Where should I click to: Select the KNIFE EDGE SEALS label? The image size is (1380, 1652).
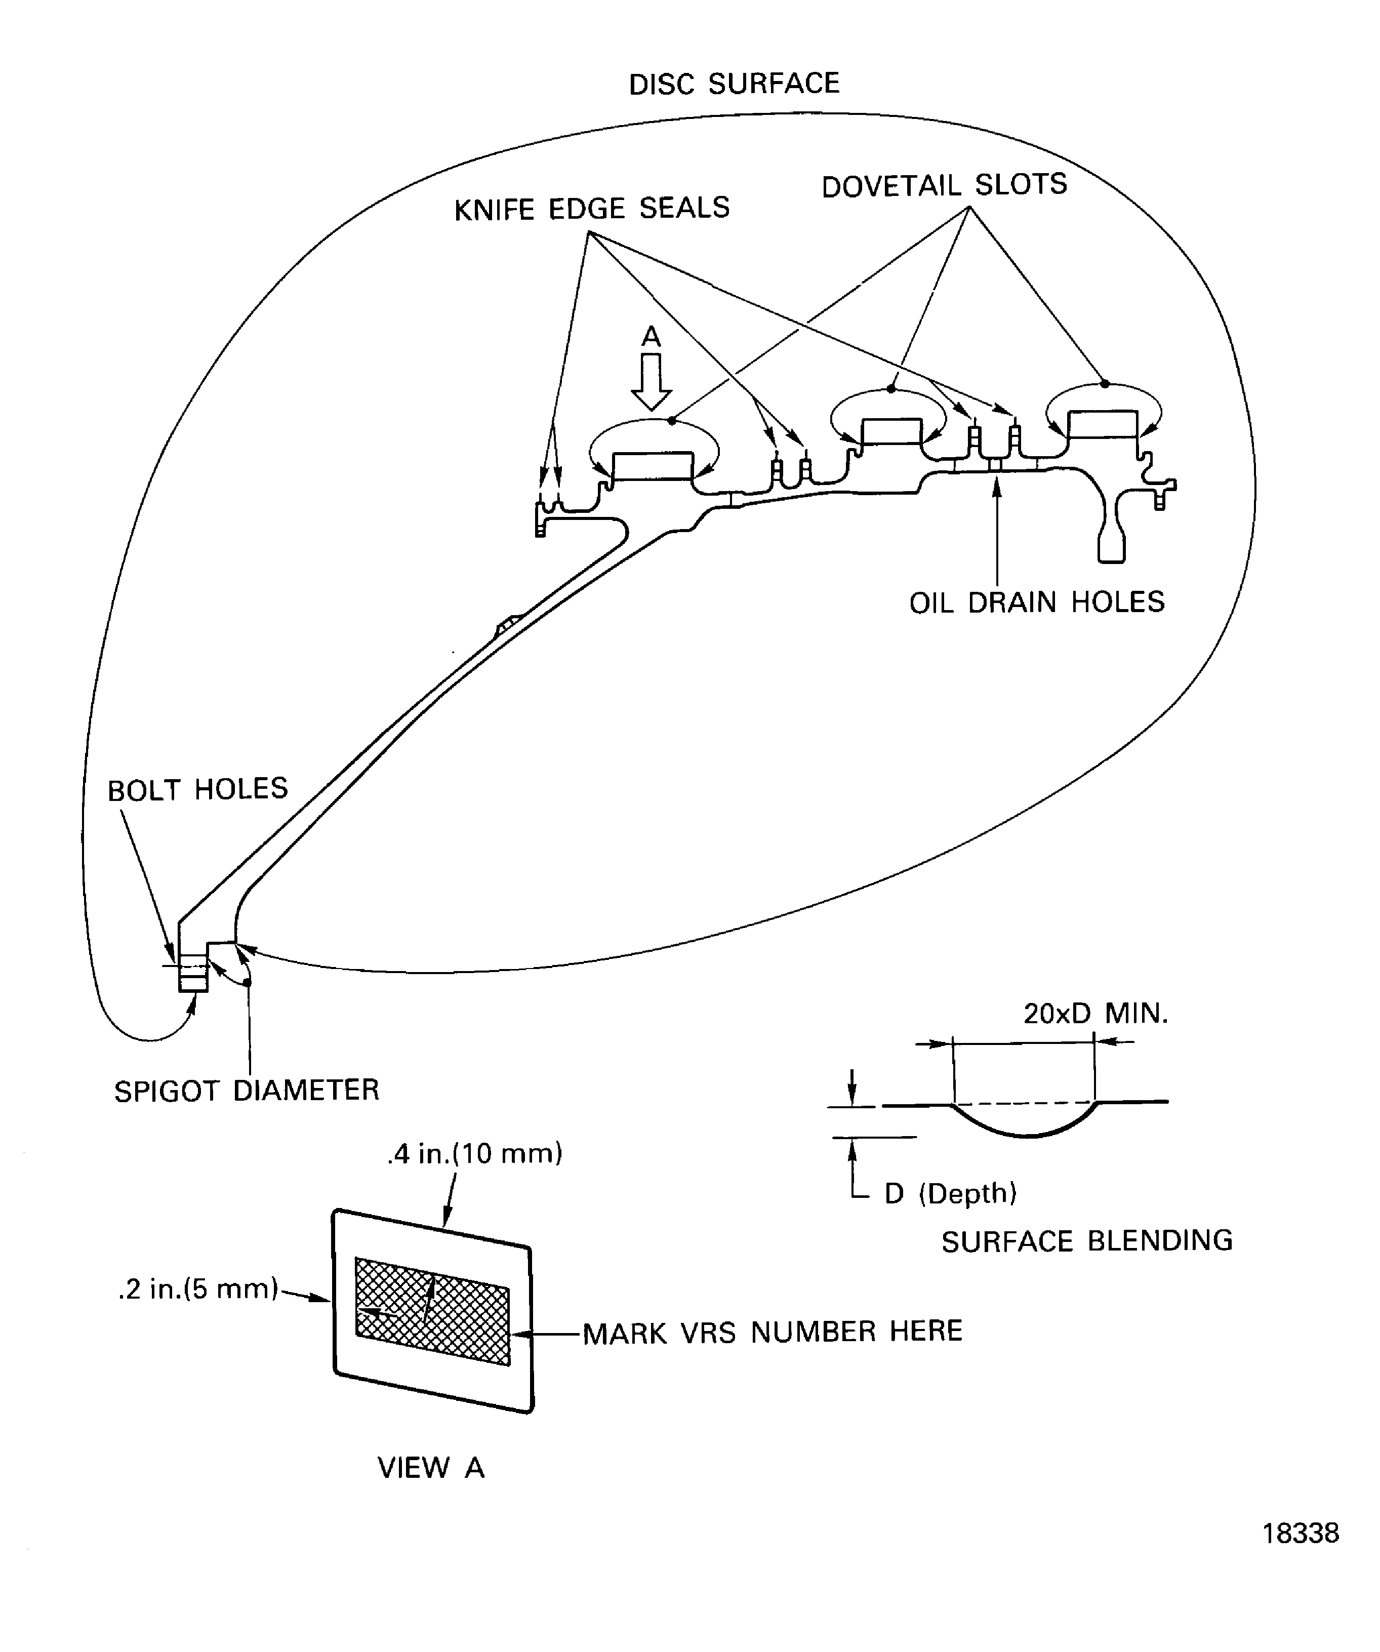tap(592, 209)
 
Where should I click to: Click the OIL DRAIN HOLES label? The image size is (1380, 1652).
tap(1036, 602)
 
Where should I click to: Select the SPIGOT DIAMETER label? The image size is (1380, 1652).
tap(246, 1091)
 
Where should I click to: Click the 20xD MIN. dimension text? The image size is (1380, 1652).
tap(1095, 1013)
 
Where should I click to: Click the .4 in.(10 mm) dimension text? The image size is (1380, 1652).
tap(474, 1153)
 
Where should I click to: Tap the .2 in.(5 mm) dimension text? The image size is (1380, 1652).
tap(198, 1288)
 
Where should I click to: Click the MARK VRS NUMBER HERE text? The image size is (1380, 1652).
tap(772, 1332)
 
